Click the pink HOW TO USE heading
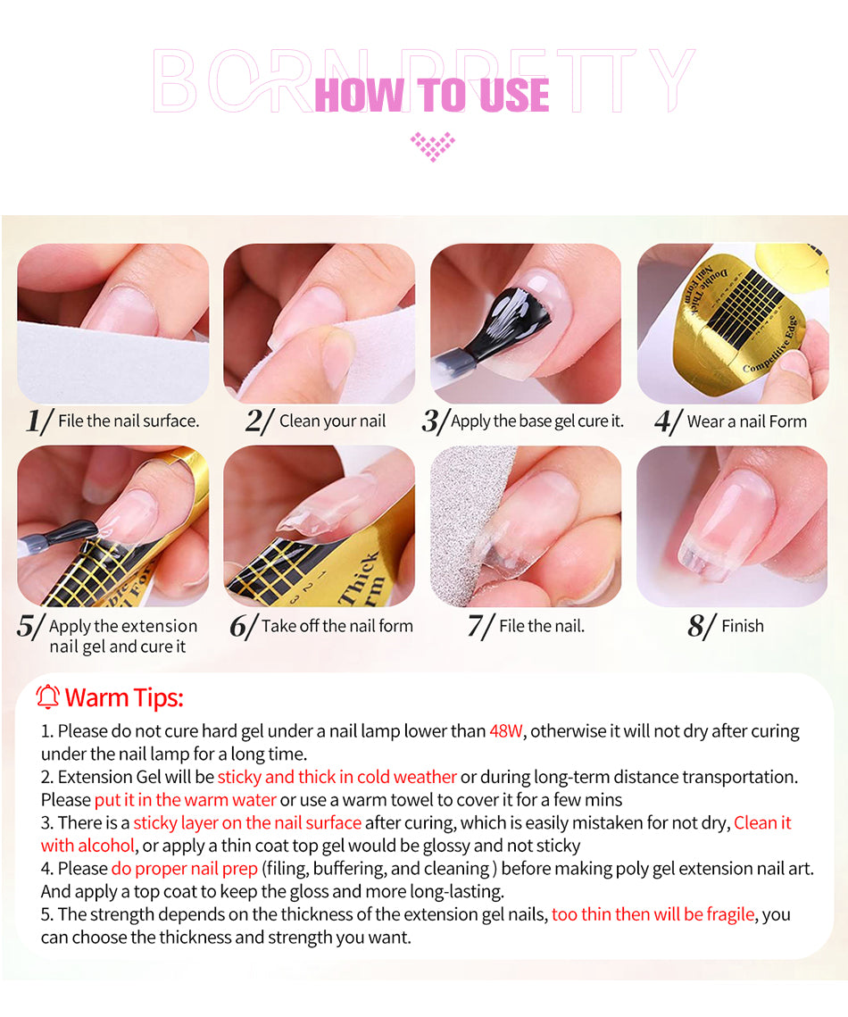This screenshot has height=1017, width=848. pyautogui.click(x=432, y=95)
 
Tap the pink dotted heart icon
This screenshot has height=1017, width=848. pyautogui.click(x=432, y=146)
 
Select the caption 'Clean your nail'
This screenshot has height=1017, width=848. pyautogui.click(x=332, y=421)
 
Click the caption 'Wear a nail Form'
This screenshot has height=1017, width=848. pyautogui.click(x=747, y=421)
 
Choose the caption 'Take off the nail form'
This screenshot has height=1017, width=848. pyautogui.click(x=337, y=626)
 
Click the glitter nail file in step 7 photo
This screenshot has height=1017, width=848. pyautogui.click(x=468, y=519)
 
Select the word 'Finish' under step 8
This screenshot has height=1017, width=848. pyautogui.click(x=743, y=626)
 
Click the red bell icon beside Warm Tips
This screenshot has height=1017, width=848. pyautogui.click(x=47, y=697)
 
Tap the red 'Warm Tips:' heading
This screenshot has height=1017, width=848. pyautogui.click(x=124, y=698)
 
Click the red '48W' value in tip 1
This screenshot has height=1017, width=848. pyautogui.click(x=506, y=731)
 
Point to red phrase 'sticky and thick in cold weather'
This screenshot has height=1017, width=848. pyautogui.click(x=337, y=777)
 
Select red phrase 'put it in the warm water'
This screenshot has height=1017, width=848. pyautogui.click(x=186, y=800)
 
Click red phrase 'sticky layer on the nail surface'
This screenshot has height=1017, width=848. pyautogui.click(x=247, y=822)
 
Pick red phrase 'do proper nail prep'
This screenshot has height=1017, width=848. pyautogui.click(x=185, y=869)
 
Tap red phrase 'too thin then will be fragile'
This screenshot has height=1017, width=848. pyautogui.click(x=653, y=914)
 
